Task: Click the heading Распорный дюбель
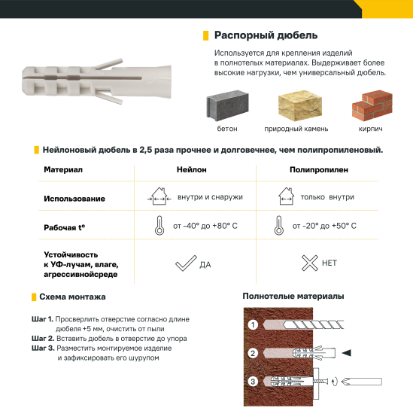pyautogui.click(x=266, y=35)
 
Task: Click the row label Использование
pyautogui.click(x=74, y=199)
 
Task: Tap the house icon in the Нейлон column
pyautogui.click(x=158, y=197)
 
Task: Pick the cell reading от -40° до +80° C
pyautogui.click(x=205, y=226)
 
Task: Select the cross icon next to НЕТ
pyautogui.click(x=308, y=263)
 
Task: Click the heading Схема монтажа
pyautogui.click(x=72, y=297)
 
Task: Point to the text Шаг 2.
pyautogui.click(x=42, y=339)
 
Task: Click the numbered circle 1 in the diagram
pyautogui.click(x=254, y=324)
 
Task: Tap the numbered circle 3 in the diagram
pyautogui.click(x=254, y=382)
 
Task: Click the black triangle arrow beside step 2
pyautogui.click(x=347, y=352)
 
